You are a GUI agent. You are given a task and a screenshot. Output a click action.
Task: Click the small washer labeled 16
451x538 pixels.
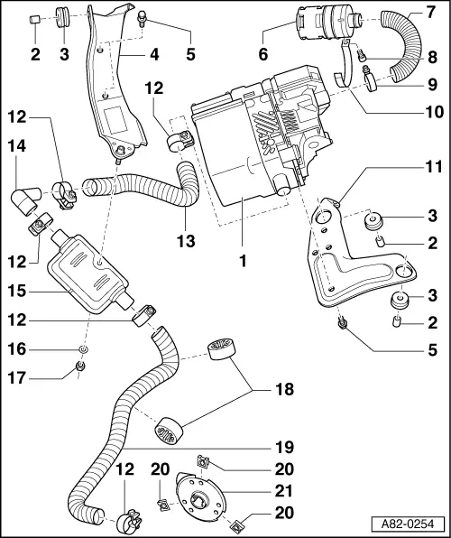point(83,348)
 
